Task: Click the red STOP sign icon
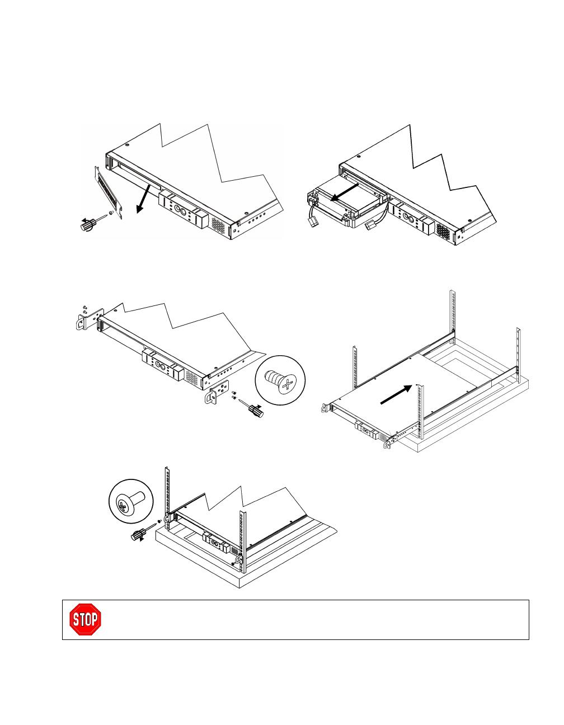(85, 619)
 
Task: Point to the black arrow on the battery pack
(345, 192)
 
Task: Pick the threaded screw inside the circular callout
(280, 381)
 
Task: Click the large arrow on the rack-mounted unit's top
(396, 394)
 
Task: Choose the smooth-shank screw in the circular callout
(130, 504)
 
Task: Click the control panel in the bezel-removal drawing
(184, 209)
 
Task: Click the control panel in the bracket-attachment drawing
(163, 365)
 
